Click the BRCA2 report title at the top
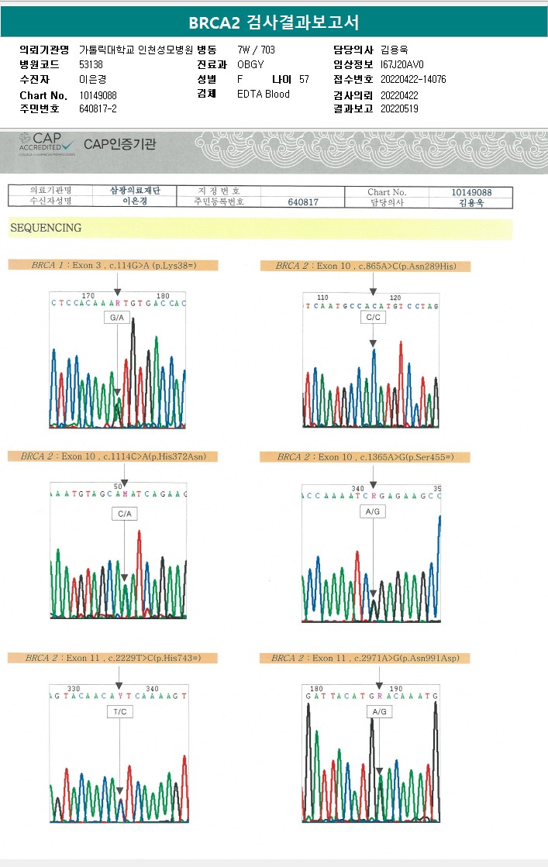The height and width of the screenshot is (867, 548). [x=274, y=22]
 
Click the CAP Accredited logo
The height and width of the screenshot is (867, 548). [x=47, y=143]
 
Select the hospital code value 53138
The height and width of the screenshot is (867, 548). [x=91, y=64]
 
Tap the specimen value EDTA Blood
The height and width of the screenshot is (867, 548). [x=264, y=94]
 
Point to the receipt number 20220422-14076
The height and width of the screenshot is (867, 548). [x=413, y=79]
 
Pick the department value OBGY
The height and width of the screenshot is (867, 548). [x=250, y=64]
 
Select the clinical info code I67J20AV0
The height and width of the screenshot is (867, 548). [x=402, y=64]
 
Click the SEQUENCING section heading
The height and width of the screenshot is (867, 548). [x=46, y=228]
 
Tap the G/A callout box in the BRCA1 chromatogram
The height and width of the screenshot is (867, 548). [x=117, y=318]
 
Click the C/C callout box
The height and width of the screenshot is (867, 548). [x=373, y=318]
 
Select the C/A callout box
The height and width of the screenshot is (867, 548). [x=125, y=513]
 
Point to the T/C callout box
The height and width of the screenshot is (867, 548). [x=119, y=710]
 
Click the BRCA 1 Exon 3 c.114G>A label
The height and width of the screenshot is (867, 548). [x=113, y=265]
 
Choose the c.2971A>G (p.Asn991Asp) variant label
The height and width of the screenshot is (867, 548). [x=365, y=658]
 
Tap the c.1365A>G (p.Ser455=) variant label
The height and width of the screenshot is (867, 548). [x=365, y=457]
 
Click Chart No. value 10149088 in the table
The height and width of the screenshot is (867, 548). [x=470, y=192]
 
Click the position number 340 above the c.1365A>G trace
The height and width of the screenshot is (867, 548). [x=358, y=488]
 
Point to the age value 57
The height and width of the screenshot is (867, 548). [x=304, y=79]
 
